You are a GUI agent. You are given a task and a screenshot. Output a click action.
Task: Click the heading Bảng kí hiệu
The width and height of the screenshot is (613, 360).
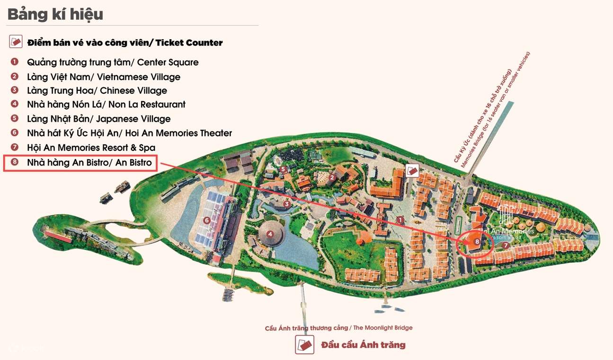[x=55, y=14]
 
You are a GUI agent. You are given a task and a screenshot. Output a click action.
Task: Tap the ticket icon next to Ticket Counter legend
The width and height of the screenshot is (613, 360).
[x=16, y=42]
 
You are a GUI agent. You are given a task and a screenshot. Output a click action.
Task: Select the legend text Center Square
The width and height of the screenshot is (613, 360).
[x=113, y=62]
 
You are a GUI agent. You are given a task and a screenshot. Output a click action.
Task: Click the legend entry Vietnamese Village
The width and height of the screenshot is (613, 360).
[x=103, y=77]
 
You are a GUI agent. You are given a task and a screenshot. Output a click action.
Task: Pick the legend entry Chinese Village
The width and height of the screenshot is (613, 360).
[x=97, y=90]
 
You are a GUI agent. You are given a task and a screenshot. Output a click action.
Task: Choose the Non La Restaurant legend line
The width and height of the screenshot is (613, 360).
[x=106, y=104]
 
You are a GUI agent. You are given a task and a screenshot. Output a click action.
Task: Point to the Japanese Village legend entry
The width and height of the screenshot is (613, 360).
[x=98, y=119]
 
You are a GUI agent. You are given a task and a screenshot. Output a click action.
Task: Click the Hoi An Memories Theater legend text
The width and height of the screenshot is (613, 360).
[x=129, y=133]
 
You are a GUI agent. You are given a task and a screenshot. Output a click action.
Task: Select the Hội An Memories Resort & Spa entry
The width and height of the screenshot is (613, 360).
[x=91, y=148]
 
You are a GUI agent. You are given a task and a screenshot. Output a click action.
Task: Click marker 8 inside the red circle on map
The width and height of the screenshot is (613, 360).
[x=477, y=241]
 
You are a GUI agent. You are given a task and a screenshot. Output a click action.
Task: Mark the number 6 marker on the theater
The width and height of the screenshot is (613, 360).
[x=206, y=220]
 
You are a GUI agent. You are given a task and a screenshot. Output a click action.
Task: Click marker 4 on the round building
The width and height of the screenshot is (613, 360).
[x=270, y=233]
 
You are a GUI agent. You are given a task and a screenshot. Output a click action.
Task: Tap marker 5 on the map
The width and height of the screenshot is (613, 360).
[x=283, y=169]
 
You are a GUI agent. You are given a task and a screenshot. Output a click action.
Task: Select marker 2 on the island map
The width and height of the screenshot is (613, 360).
[x=332, y=178]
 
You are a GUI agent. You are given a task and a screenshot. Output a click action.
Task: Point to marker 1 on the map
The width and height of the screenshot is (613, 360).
[x=400, y=220]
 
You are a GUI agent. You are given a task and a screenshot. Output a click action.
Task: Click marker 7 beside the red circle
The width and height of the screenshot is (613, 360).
[x=506, y=245]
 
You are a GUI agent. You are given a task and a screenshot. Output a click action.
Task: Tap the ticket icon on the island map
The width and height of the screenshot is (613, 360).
[x=412, y=171]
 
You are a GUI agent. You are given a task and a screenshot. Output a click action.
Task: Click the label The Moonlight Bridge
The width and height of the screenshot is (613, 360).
[x=338, y=328]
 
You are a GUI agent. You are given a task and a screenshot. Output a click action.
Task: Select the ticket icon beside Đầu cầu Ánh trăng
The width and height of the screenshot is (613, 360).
[x=305, y=344]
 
